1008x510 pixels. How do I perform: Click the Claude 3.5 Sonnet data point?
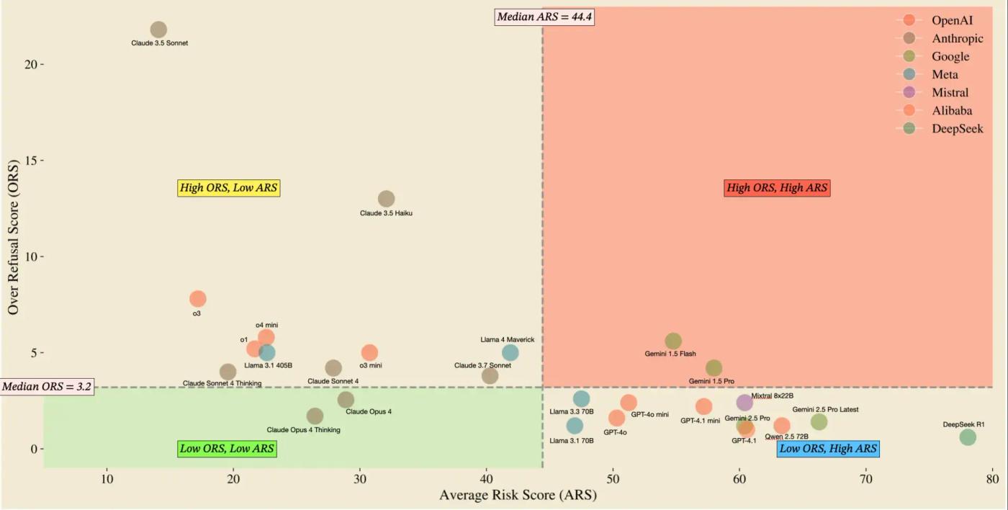tap(158, 30)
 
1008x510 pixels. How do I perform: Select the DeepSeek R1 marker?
tap(968, 437)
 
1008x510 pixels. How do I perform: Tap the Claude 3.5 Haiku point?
tap(387, 199)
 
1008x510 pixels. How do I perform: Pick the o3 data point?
tap(198, 298)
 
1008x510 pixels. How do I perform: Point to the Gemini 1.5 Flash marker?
tap(673, 341)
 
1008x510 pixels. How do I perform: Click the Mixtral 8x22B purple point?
tap(744, 402)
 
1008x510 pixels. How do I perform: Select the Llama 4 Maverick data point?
tap(510, 352)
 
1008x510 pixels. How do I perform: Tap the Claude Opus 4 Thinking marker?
tap(315, 416)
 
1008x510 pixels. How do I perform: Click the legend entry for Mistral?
tap(950, 92)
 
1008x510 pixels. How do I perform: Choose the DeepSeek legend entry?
tap(957, 129)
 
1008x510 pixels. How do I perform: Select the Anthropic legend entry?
tap(957, 38)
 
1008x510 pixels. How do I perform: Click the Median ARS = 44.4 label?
tap(545, 17)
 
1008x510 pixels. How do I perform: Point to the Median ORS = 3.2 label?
tap(47, 387)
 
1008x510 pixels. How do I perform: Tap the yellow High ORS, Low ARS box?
tap(229, 188)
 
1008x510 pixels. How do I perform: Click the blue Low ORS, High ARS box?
tap(828, 449)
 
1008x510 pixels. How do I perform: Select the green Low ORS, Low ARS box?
tap(228, 449)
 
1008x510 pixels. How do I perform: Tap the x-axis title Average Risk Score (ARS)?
tap(518, 496)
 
